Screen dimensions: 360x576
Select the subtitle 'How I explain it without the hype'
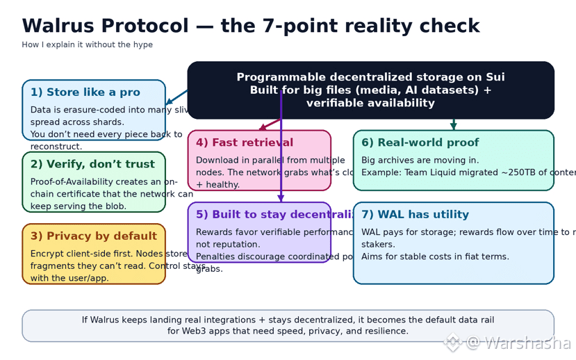(x=87, y=45)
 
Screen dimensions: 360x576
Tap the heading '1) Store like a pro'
(x=85, y=92)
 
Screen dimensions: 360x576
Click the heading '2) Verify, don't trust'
(x=92, y=165)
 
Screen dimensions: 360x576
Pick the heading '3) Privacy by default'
(x=93, y=236)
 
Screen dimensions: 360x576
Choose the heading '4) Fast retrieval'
(x=245, y=142)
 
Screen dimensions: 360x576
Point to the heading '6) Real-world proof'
(x=420, y=142)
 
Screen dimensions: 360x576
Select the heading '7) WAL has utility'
(x=415, y=215)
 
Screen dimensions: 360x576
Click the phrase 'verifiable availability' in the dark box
(x=370, y=103)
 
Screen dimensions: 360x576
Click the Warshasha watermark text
(x=527, y=343)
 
